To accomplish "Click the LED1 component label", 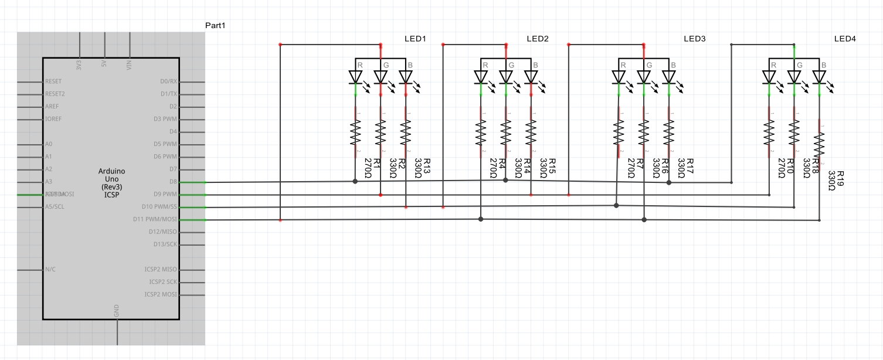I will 415,39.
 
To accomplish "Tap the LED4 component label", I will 845,39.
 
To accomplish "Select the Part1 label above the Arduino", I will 215,25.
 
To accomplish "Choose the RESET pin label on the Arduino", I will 53,81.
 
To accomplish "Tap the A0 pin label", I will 49,144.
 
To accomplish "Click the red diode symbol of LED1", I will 355,77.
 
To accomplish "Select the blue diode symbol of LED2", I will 531,77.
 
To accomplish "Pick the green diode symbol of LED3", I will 644,77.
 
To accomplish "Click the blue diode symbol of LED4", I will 820,77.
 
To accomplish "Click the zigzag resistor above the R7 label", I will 619,133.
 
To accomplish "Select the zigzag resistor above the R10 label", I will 769,133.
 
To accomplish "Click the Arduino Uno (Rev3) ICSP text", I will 111,182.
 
